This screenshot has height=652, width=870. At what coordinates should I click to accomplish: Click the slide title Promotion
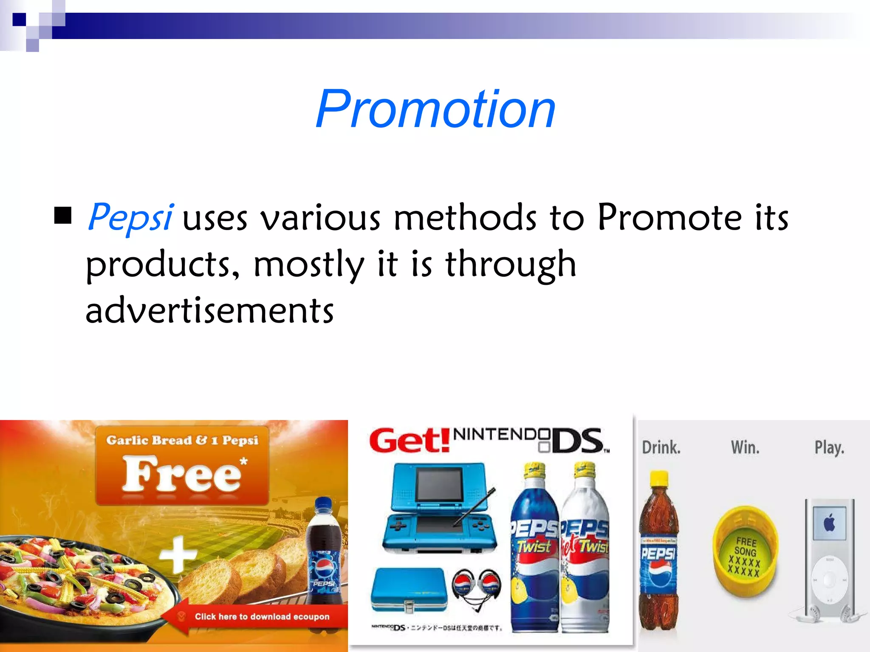[x=435, y=109]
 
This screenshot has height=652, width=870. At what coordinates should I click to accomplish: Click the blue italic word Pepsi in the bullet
[x=130, y=217]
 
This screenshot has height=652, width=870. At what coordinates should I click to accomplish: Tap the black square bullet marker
[x=63, y=215]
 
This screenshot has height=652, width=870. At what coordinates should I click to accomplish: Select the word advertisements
[x=209, y=310]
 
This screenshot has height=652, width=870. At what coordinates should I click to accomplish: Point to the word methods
[x=465, y=217]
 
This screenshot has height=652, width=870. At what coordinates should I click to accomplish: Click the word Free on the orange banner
[x=182, y=475]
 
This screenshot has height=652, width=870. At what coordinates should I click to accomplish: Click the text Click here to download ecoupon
[x=262, y=616]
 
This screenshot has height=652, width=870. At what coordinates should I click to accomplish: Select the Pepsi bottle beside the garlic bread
[x=325, y=552]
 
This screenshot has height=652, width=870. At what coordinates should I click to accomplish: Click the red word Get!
[x=409, y=440]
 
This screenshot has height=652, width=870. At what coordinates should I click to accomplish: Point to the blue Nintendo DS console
[x=440, y=507]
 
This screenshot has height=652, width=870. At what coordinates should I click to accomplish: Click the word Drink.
[x=661, y=447]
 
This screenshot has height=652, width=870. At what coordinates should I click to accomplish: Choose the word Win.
[x=745, y=447]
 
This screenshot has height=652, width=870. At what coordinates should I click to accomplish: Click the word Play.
[x=829, y=447]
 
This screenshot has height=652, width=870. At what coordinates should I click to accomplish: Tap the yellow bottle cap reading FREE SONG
[x=745, y=552]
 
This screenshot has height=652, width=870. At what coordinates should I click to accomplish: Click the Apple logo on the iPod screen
[x=829, y=523]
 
